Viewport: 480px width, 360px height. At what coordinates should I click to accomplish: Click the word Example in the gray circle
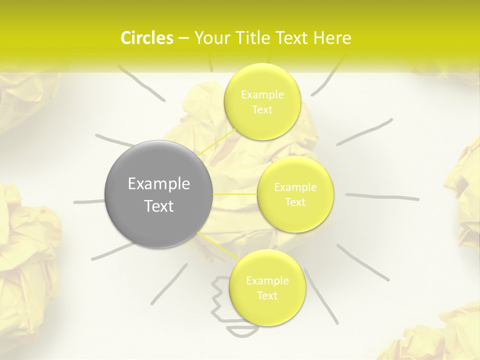pos(159,184)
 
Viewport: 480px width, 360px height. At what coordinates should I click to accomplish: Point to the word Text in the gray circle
pos(159,206)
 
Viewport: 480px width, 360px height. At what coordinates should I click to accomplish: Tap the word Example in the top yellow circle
pos(262,95)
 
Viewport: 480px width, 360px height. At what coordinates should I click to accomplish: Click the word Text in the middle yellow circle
pos(295,202)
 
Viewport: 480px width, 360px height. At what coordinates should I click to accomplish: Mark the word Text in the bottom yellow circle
pos(267,295)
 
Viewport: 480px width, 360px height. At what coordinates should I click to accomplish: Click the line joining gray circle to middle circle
pos(235,194)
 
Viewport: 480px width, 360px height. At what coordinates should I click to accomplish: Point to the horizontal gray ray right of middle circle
pos(382,196)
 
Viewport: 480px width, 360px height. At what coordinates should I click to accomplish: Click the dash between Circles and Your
pos(183,38)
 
